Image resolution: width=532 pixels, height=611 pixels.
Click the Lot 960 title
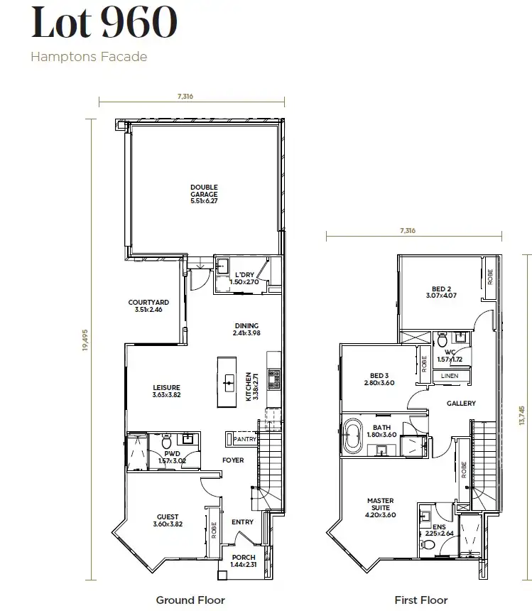[103, 23]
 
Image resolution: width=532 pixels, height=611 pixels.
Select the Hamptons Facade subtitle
[89, 56]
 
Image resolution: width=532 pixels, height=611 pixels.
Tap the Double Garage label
[204, 195]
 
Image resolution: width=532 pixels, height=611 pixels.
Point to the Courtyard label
[148, 305]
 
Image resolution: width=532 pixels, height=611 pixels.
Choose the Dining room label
[246, 329]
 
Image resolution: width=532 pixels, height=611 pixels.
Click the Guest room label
[168, 521]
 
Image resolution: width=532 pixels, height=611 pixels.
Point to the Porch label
[242, 561]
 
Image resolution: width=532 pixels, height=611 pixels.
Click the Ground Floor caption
[190, 600]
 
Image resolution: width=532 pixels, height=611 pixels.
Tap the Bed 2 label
[440, 292]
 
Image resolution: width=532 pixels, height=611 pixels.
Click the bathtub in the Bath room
[353, 437]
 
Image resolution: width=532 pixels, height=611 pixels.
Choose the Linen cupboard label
[449, 375]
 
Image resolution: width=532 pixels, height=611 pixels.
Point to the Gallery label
[461, 404]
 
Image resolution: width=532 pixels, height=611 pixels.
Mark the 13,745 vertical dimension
[522, 411]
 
